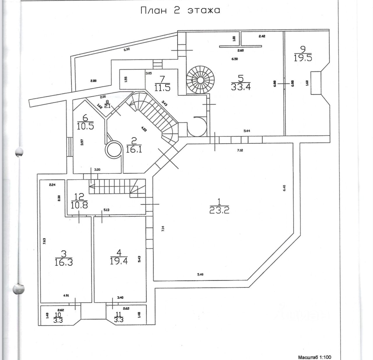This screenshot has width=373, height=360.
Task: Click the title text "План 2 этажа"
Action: coord(180,10)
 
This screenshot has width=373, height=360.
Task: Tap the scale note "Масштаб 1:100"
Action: coord(314,357)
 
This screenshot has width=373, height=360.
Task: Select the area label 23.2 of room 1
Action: coord(219,210)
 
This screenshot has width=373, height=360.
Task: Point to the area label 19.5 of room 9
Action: coord(303,58)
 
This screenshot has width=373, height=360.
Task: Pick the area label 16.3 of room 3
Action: coord(63,262)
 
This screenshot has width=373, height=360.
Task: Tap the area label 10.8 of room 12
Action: coord(79,204)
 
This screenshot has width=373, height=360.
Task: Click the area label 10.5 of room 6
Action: coord(85,126)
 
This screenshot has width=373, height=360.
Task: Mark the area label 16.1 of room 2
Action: coord(134,149)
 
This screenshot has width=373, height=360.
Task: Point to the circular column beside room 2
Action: coord(113,150)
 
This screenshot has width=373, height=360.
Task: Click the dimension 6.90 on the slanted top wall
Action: coord(126,49)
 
